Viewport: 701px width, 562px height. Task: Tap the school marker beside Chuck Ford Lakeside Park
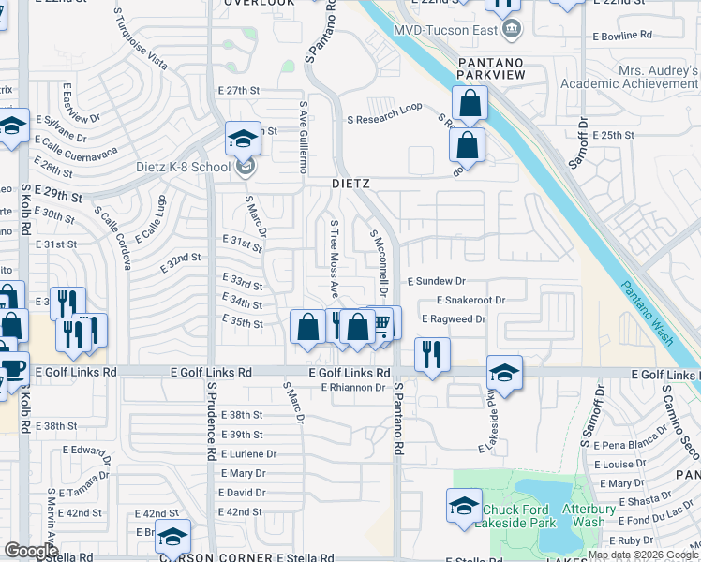click(463, 507)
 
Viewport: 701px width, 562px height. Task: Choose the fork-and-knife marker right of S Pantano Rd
click(432, 354)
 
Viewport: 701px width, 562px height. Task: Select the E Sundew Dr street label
click(436, 280)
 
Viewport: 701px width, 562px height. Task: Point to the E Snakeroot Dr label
click(471, 300)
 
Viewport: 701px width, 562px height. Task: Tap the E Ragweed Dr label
click(454, 319)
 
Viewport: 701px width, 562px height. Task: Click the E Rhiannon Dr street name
click(355, 387)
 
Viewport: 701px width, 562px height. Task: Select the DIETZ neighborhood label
click(351, 184)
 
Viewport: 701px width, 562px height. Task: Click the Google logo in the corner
click(31, 550)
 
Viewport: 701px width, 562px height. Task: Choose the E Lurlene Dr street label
click(246, 453)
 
